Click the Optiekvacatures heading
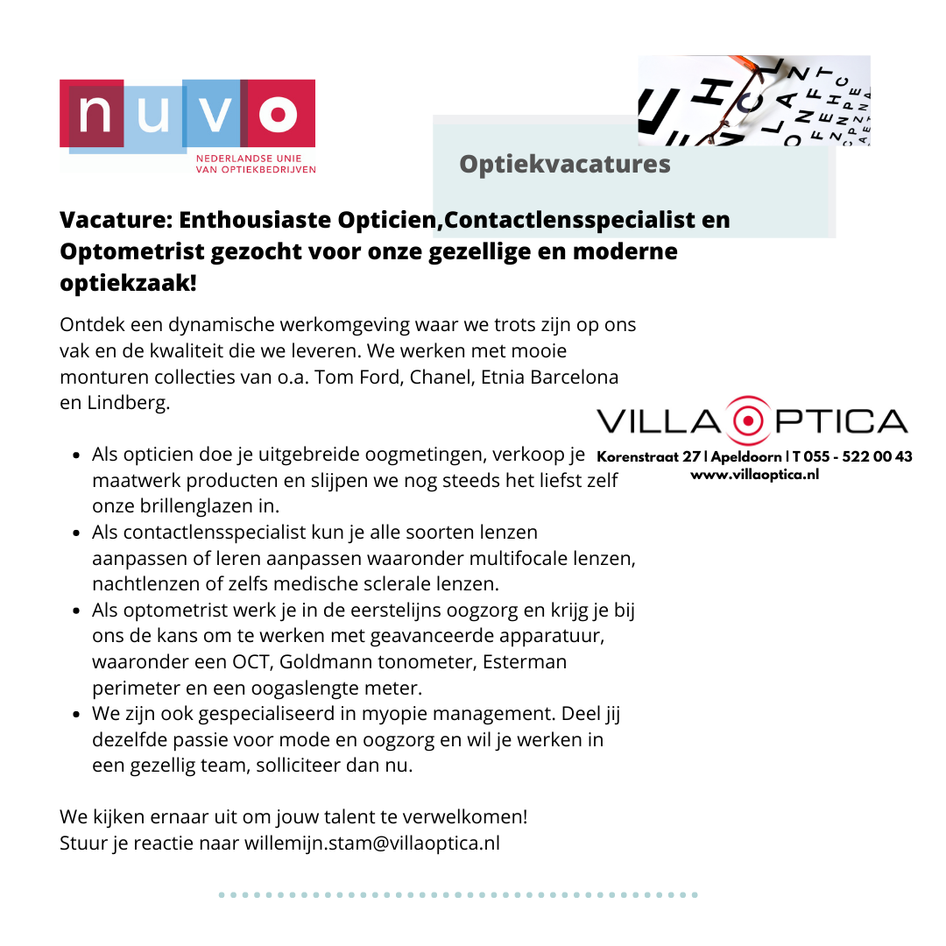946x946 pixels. pos(565,164)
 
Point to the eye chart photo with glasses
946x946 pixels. pos(753,100)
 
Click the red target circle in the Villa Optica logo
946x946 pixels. pos(748,421)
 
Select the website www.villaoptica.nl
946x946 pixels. pos(754,475)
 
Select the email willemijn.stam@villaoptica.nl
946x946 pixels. pos(372,844)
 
